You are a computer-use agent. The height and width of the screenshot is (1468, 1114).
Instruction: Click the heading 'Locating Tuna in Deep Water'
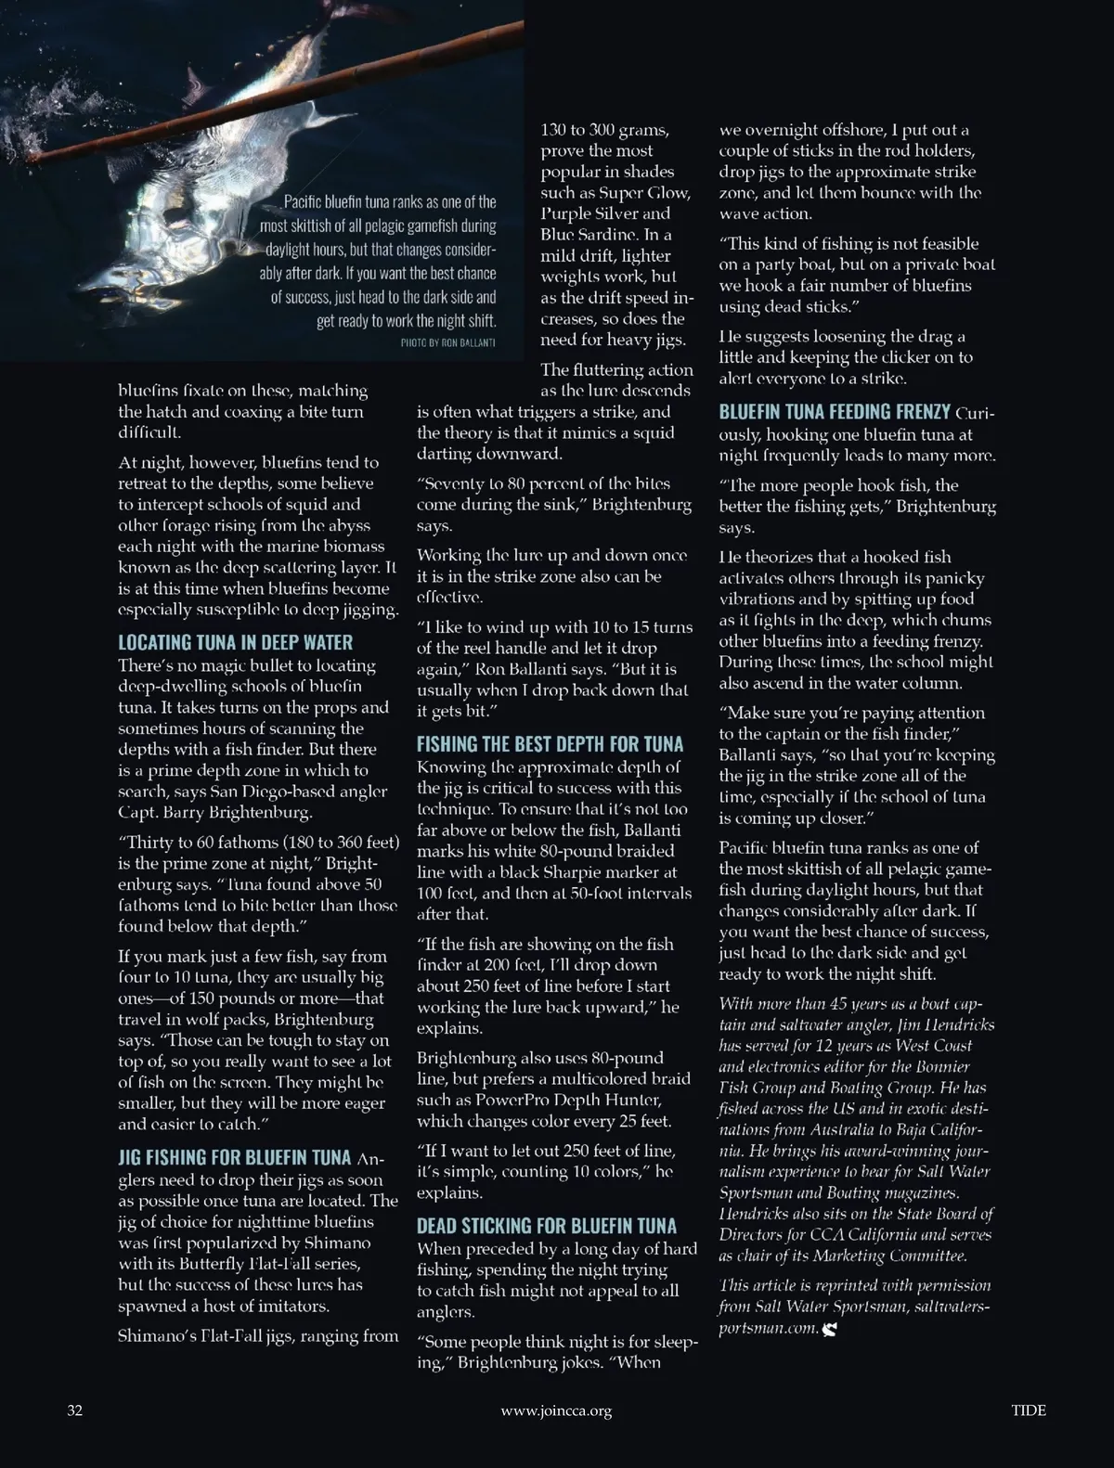235,642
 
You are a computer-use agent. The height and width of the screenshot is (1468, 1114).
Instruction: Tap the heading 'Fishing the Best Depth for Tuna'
550,744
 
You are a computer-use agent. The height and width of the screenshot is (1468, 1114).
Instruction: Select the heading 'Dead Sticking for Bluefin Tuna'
547,1226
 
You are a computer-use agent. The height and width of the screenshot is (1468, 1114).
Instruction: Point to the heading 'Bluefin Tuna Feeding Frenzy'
835,412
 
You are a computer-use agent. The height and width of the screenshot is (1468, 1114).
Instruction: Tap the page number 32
75,1410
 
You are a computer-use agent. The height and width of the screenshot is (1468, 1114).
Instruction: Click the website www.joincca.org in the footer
556,1410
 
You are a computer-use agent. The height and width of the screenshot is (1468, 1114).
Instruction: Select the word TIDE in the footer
1029,1410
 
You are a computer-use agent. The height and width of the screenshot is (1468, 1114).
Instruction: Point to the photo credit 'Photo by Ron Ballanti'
448,342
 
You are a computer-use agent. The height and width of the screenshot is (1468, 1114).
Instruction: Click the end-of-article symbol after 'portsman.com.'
830,1329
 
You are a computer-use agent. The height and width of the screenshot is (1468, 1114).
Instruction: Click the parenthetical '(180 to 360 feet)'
343,842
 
